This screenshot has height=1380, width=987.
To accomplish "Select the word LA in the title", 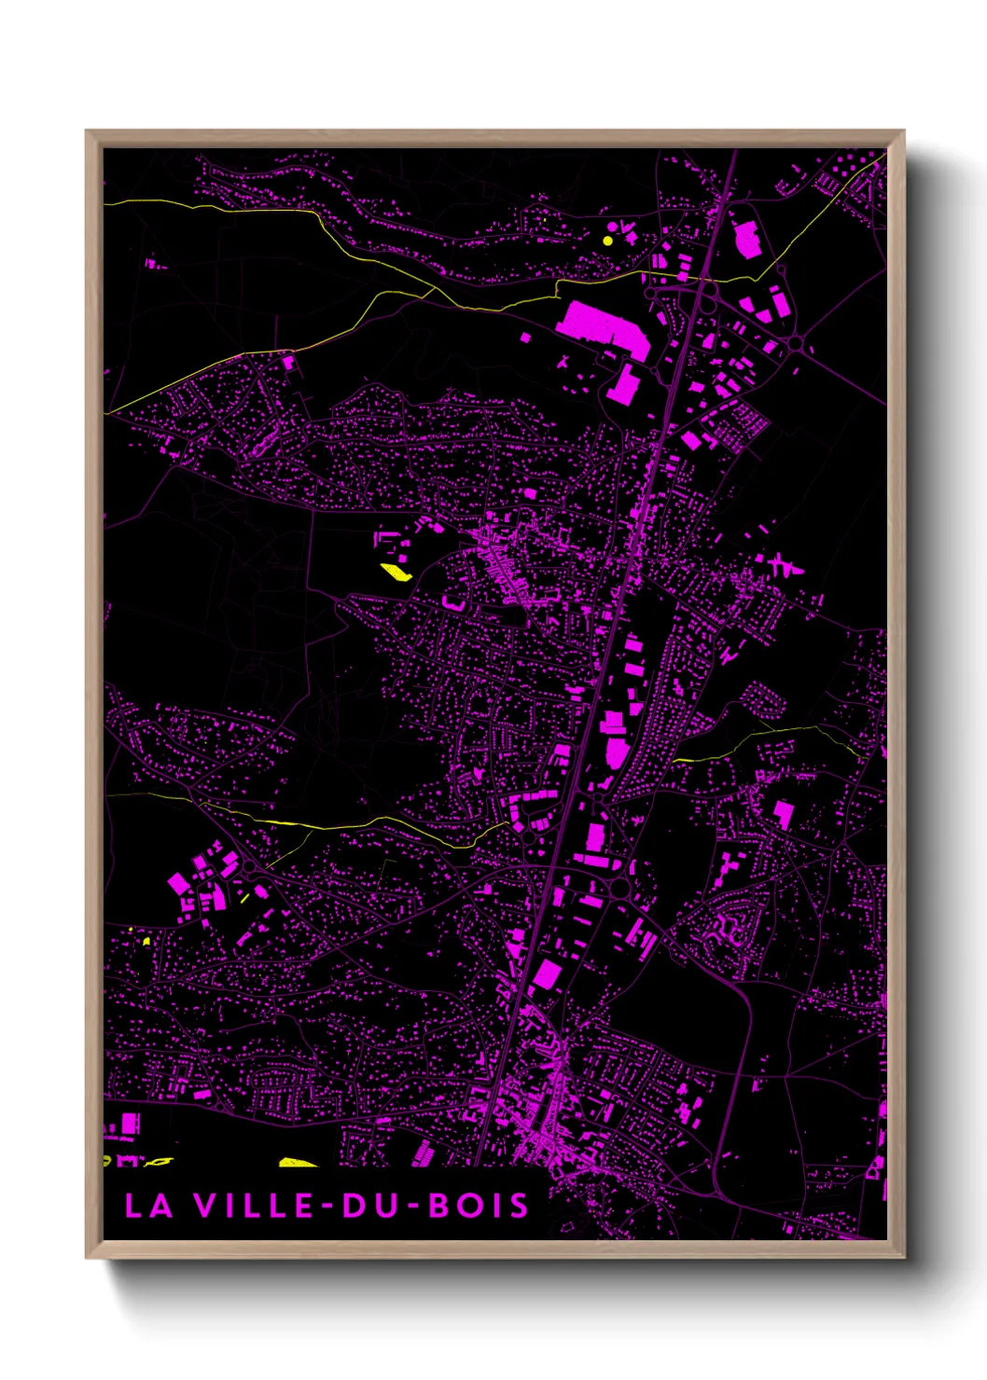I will tap(149, 1206).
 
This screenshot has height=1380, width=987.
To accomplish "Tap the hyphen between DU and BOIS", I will tap(411, 1207).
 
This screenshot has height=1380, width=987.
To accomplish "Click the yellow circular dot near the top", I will tap(607, 241).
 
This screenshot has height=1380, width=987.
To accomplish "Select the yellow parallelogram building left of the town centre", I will tap(396, 572).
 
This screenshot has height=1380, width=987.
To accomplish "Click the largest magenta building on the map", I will tap(602, 326).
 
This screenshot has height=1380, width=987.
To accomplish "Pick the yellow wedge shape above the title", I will tap(299, 1162).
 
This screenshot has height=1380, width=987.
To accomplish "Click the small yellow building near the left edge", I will tap(146, 941).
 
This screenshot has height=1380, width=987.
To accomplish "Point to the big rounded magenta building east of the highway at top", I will tap(747, 240).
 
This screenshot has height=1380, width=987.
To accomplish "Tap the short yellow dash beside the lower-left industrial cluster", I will tap(244, 898).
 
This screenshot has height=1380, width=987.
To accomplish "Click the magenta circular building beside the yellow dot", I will tap(612, 227).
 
